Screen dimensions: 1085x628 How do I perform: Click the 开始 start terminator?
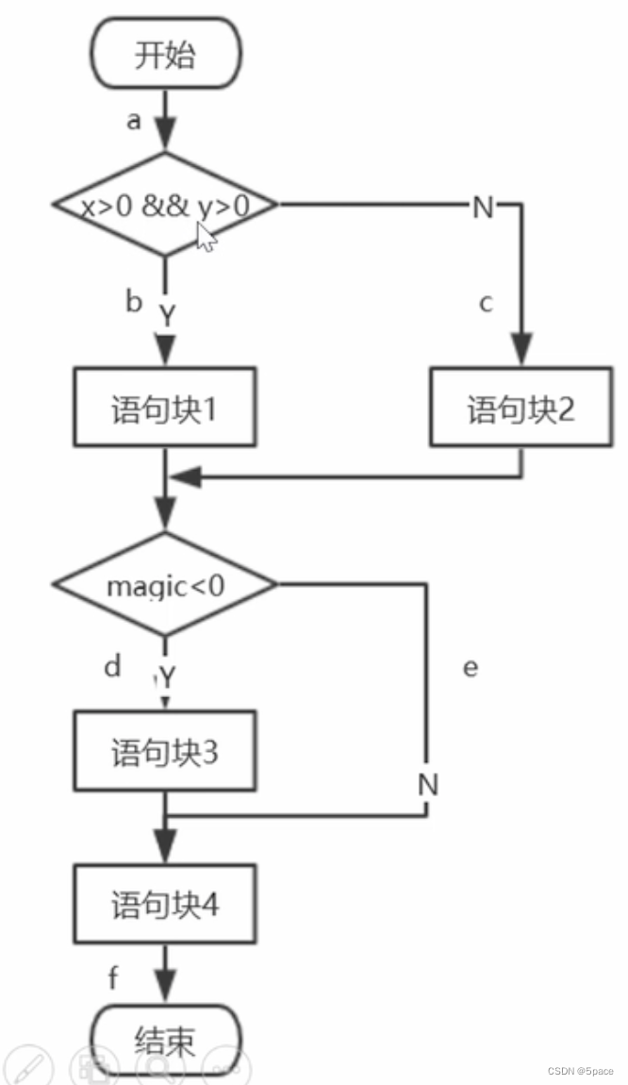(165, 56)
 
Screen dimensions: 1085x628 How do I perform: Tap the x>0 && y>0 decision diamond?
(165, 205)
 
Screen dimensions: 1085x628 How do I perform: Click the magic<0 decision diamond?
(165, 585)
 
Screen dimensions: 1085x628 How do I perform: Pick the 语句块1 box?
(165, 412)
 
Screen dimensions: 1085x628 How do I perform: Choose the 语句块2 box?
(521, 408)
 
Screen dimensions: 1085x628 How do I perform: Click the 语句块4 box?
(165, 906)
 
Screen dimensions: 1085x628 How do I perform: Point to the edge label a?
(134, 122)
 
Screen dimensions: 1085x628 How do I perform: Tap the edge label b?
(134, 302)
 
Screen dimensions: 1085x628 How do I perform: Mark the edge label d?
(113, 667)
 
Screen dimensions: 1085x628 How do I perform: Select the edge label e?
(471, 667)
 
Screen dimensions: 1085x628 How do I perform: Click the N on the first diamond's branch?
(483, 207)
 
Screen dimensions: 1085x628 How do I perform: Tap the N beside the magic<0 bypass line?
(428, 784)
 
